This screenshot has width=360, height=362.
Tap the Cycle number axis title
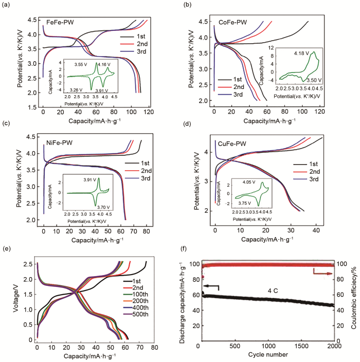pyautogui.click(x=267, y=356)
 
